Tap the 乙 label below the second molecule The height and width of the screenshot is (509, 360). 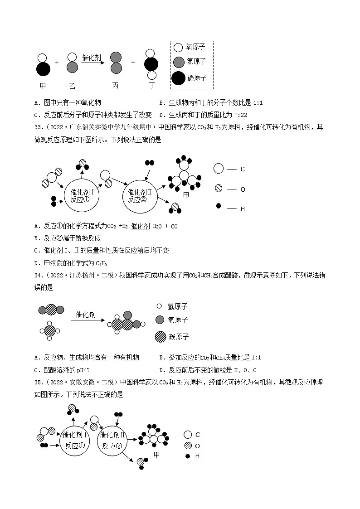click(72, 85)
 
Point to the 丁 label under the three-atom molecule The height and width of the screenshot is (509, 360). click(151, 85)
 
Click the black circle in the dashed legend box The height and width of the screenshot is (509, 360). click(179, 78)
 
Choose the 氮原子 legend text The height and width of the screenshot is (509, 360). click(196, 61)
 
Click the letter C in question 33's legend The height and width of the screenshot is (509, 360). click(243, 169)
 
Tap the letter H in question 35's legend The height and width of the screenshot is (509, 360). click(197, 456)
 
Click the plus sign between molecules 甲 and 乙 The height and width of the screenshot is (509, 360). click(57, 63)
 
